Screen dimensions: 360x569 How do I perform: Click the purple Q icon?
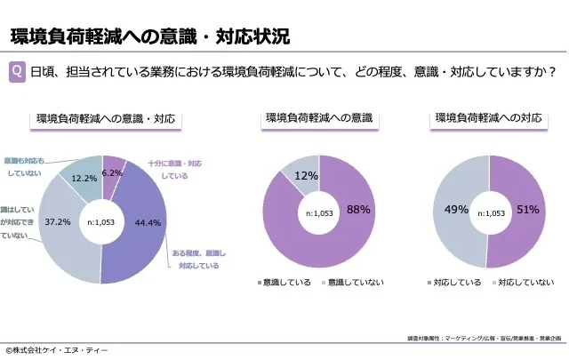(17, 72)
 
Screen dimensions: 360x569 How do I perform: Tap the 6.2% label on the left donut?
(112, 172)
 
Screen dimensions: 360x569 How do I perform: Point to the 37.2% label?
(58, 220)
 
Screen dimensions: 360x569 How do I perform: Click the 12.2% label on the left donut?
(84, 179)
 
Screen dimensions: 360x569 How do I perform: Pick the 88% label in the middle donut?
(358, 209)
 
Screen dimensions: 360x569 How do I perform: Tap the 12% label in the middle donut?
(306, 175)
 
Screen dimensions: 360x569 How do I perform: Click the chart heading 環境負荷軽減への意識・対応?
(105, 118)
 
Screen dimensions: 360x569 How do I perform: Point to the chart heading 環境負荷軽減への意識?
(318, 118)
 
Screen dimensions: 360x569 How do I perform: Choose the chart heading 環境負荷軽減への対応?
(488, 118)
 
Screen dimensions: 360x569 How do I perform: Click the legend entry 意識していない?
(355, 283)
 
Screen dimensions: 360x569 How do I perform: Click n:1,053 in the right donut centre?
(487, 213)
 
